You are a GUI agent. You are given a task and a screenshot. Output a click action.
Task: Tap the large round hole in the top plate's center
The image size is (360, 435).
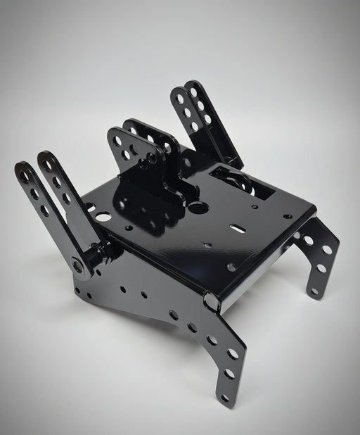(198, 208)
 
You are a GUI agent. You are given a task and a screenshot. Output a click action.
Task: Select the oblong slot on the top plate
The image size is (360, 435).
(238, 228)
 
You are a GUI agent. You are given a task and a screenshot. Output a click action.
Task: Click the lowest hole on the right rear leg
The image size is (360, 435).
(314, 291)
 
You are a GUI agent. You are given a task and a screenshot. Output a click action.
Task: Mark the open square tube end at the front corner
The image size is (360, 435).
(210, 301)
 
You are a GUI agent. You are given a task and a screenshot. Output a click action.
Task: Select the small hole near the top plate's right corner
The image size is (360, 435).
(287, 216)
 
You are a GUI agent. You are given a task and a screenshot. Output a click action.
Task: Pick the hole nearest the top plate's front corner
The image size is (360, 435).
(231, 267)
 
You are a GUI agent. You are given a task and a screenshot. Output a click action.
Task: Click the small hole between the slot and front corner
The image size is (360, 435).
(208, 245)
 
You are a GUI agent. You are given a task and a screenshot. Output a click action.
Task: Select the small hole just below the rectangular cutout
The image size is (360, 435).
(255, 206)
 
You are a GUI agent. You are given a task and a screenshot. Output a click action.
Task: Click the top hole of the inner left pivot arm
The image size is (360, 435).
(48, 165)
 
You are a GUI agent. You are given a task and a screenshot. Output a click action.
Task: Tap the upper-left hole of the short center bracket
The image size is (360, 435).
(117, 141)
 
